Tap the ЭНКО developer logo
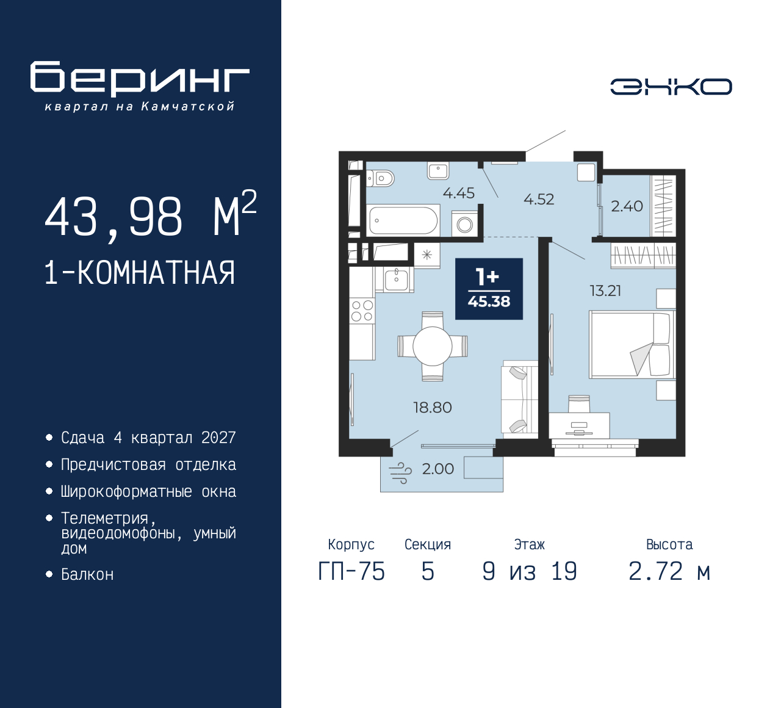(x=671, y=87)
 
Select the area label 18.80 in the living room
(x=433, y=408)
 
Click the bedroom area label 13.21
(x=605, y=291)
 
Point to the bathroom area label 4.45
(x=458, y=193)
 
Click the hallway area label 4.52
(x=539, y=200)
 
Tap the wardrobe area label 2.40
(x=627, y=206)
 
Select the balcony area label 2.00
(x=437, y=469)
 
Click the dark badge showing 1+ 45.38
(x=489, y=289)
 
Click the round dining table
(x=432, y=346)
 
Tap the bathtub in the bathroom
(x=403, y=221)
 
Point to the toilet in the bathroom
(x=380, y=178)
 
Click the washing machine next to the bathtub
(x=464, y=224)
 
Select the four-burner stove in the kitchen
(x=362, y=310)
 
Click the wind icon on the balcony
(x=400, y=472)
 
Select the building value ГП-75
(x=351, y=572)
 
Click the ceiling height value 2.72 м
(x=669, y=572)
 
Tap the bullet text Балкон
(x=87, y=575)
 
